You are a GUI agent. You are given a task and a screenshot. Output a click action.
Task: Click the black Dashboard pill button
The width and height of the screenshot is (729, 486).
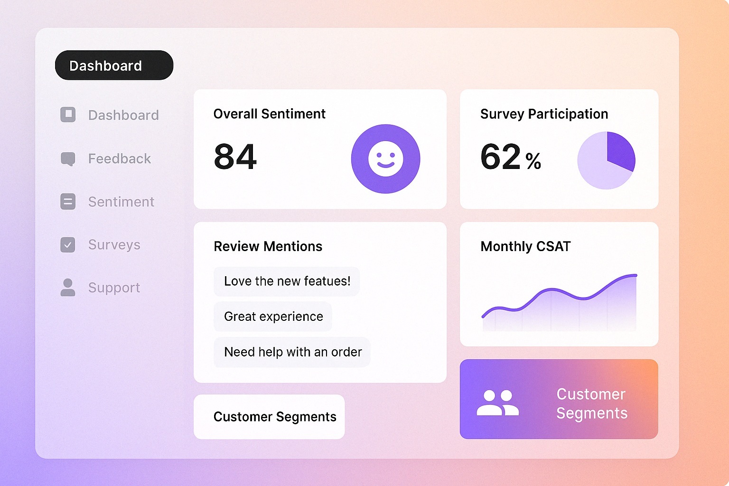tap(114, 65)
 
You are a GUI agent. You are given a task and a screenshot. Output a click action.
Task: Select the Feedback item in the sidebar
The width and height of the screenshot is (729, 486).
tap(119, 159)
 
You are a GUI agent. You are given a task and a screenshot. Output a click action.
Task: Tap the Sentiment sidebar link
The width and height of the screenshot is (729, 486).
tap(121, 202)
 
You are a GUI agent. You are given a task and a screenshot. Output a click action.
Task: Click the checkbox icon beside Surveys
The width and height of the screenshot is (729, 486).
tap(68, 245)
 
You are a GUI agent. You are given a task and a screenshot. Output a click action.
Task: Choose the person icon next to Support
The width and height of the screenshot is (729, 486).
tap(68, 288)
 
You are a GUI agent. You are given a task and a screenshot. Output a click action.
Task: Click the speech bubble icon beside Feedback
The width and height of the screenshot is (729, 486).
tap(68, 159)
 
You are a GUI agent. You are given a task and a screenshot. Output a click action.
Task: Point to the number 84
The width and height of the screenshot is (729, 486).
tap(235, 157)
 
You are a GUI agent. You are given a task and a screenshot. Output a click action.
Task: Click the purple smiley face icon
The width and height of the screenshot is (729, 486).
tap(385, 159)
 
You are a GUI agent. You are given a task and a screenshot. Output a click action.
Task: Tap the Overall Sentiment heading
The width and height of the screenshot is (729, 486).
tap(269, 114)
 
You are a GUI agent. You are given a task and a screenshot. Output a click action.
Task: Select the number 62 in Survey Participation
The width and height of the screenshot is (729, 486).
tap(500, 157)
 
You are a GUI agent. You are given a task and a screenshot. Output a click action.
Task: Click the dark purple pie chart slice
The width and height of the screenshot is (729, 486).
tap(620, 150)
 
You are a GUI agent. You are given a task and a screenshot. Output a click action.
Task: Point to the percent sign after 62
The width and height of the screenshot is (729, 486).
tap(533, 161)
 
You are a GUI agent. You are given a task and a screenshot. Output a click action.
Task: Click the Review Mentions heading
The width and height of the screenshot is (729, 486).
tap(268, 246)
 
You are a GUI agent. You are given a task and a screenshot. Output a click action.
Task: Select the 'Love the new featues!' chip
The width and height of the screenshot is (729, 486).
tap(287, 281)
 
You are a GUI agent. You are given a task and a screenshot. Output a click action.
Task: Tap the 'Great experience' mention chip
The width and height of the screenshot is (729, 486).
tap(273, 317)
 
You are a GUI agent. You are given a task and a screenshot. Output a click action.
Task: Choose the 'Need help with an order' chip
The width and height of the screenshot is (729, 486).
tap(292, 352)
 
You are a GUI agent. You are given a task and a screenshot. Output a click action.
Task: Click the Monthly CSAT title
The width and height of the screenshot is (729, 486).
tap(525, 246)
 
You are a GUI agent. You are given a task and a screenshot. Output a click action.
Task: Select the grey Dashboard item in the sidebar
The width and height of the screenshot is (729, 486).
tap(123, 115)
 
